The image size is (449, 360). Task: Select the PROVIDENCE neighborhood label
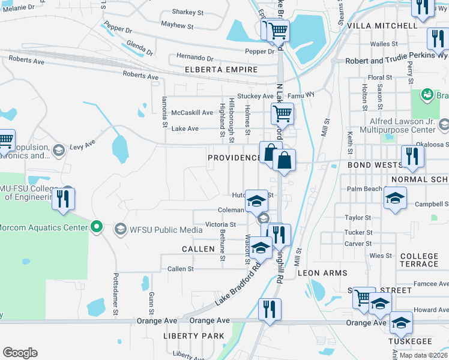coord(234,158)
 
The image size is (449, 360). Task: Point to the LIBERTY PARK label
coord(194,336)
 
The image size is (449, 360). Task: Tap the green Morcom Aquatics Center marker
coord(95,227)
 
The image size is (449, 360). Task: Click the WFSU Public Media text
coord(158,229)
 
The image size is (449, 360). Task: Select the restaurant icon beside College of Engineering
coord(64,199)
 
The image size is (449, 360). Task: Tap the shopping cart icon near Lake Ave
coord(282,112)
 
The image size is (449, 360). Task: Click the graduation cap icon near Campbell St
coord(395,198)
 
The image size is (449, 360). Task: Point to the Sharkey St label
coord(188,12)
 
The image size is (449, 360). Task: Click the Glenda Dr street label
coord(140,47)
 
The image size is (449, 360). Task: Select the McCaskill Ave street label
coord(192,113)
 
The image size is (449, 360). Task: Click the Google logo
coord(20,353)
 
